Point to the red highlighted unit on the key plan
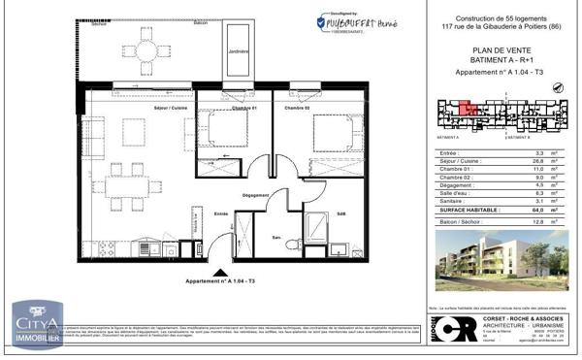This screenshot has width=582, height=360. [468, 109]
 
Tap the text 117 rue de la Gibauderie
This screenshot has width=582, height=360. [485, 24]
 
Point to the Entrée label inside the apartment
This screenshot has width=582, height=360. [220, 213]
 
